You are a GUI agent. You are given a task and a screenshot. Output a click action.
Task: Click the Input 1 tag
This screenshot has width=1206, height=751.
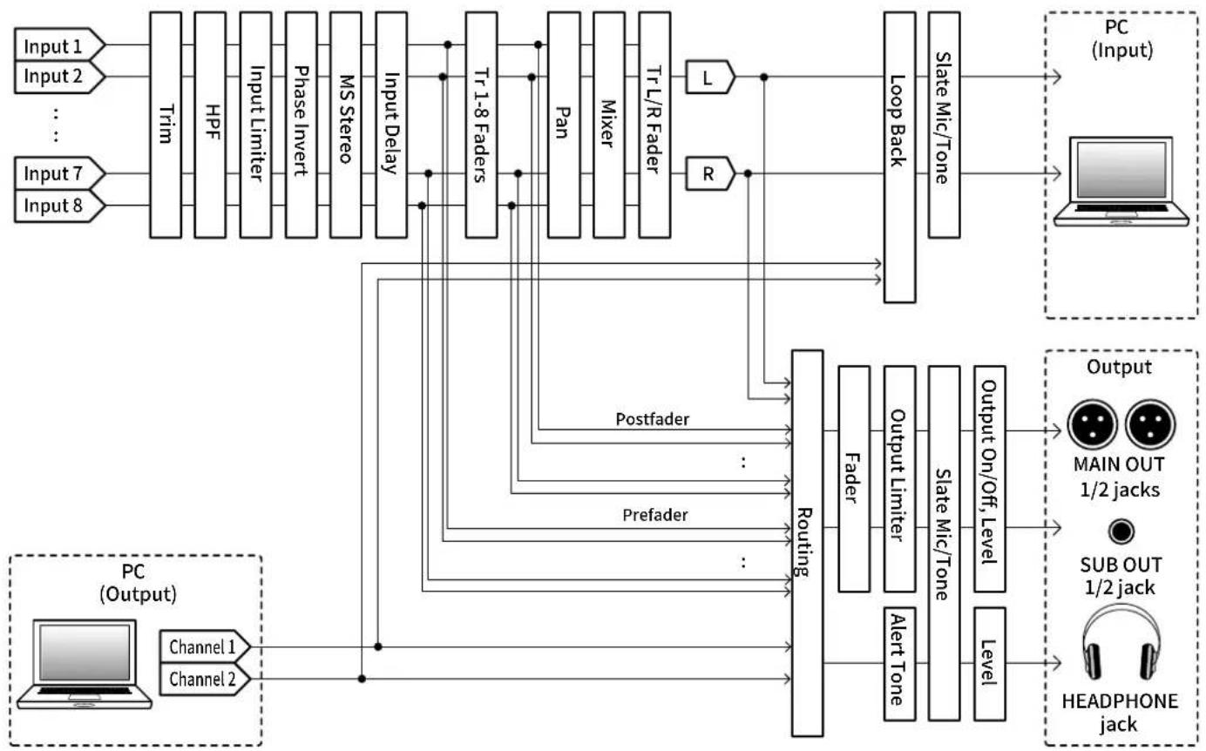[59, 45]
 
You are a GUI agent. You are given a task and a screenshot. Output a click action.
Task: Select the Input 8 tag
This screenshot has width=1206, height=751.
[59, 206]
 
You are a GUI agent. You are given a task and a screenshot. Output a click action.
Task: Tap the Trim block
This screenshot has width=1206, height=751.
[166, 125]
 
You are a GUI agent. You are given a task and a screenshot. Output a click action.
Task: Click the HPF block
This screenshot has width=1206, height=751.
[210, 125]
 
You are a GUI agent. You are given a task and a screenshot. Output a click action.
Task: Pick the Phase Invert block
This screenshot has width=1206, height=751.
[301, 125]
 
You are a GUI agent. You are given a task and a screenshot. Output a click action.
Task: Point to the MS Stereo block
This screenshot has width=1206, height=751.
[346, 125]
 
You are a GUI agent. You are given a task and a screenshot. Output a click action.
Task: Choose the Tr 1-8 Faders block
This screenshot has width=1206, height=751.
[481, 125]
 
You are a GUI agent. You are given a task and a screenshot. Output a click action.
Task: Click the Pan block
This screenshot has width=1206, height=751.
[564, 125]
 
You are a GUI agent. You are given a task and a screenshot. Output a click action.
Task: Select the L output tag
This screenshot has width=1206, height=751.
[709, 78]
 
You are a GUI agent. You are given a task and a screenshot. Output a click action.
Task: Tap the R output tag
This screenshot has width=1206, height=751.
[709, 173]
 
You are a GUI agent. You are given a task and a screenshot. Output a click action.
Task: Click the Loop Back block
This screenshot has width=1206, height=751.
[899, 157]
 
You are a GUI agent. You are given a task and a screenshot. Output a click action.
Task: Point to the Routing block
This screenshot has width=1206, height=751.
[807, 543]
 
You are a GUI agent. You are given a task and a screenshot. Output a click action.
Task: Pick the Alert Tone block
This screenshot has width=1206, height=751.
[899, 664]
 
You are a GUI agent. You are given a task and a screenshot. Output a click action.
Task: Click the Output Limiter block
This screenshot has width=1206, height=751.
[899, 479]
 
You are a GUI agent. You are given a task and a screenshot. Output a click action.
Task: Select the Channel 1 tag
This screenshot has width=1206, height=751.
[205, 646]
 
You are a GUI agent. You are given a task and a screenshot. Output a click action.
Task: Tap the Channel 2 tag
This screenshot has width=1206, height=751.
[205, 679]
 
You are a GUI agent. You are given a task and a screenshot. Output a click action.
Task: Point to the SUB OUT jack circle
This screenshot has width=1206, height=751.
[1121, 531]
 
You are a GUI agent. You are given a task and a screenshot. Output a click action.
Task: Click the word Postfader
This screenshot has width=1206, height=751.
[652, 419]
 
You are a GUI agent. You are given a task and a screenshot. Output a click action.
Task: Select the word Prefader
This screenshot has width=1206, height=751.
[654, 515]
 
